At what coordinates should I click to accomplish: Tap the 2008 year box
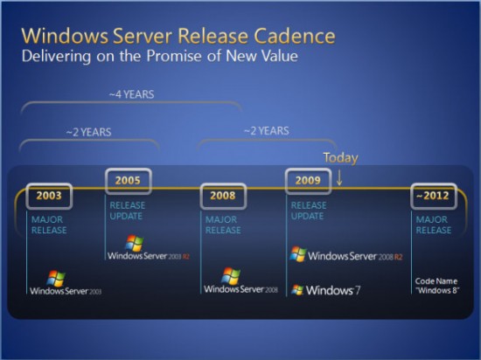tap(222, 196)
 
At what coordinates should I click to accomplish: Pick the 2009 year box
tap(309, 182)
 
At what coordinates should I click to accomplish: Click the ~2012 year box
tap(432, 195)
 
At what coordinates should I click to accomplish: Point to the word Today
tap(341, 157)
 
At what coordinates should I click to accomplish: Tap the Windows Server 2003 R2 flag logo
tap(134, 242)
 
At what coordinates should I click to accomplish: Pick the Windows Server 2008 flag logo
tap(231, 275)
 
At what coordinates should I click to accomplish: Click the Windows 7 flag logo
tap(298, 289)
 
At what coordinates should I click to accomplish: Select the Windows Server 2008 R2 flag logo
tap(298, 253)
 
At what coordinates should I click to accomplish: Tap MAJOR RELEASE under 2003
tap(49, 225)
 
